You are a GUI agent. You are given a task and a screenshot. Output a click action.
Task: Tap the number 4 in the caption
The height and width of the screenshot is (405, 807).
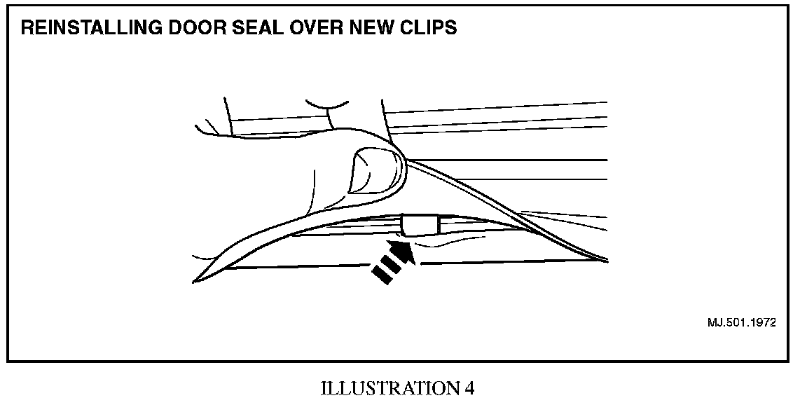pyautogui.click(x=469, y=389)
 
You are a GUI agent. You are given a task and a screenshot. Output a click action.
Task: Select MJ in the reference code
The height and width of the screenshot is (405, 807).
pyautogui.click(x=715, y=323)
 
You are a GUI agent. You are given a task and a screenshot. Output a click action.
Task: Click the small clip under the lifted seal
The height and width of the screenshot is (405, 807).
pyautogui.click(x=420, y=226)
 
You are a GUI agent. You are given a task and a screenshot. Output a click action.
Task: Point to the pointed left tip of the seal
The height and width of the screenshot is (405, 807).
pyautogui.click(x=195, y=281)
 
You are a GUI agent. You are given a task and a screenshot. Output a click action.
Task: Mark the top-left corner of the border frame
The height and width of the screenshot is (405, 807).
pyautogui.click(x=8, y=6)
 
